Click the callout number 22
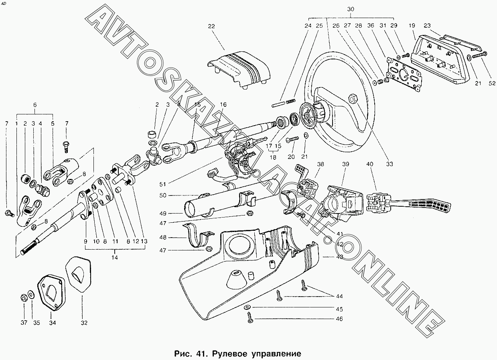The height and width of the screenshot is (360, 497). click(211, 26)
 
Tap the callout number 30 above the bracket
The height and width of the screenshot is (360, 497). click(351, 9)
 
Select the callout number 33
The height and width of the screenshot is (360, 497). click(389, 164)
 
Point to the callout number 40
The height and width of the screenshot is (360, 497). click(370, 164)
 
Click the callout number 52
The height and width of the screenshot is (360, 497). click(492, 83)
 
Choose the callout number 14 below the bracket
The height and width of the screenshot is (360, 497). click(114, 258)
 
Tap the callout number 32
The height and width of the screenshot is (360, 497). click(84, 323)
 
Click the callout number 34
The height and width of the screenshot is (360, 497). click(53, 323)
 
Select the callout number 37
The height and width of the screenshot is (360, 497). click(24, 323)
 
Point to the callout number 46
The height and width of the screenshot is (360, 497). click(339, 319)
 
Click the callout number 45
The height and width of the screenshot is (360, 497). click(339, 309)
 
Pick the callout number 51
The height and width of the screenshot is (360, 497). click(162, 184)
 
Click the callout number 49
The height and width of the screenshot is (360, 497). click(162, 214)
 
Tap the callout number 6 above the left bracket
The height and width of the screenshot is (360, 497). click(35, 105)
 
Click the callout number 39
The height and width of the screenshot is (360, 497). click(346, 164)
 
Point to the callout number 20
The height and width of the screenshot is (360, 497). click(291, 157)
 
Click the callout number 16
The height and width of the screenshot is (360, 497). click(223, 104)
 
